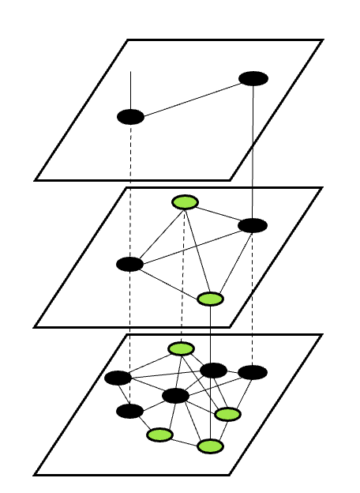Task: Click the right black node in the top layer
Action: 253,78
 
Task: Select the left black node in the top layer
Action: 130,117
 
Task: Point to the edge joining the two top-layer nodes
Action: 192,98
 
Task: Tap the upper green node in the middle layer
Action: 185,202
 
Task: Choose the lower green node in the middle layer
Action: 210,299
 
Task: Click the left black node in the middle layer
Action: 129,264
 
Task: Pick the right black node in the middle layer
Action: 253,225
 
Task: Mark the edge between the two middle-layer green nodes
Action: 197,250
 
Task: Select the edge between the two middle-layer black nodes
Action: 191,245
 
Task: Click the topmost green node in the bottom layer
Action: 181,348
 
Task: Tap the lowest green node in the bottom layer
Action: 209,446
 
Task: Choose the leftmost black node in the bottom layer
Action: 118,378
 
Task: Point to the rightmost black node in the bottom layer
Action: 253,372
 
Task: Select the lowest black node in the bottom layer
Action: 129,411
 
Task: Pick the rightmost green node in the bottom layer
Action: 227,414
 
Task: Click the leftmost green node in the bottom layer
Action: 159,434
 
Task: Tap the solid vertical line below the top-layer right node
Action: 253,150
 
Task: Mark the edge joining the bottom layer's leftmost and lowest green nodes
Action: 185,440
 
